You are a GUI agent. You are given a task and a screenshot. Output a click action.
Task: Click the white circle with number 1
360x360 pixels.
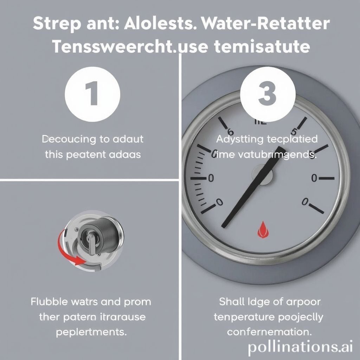coord(93,94)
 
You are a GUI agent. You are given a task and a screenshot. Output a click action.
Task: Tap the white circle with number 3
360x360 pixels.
coord(267,94)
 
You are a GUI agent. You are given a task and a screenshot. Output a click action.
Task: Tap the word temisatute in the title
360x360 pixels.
coord(258,47)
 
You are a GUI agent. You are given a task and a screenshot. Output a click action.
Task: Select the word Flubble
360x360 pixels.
coord(50,302)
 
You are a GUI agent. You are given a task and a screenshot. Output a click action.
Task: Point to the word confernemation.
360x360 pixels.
coord(269,332)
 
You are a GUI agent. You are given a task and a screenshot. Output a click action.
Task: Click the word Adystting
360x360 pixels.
coord(239,139)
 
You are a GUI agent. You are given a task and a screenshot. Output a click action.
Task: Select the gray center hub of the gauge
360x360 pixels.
coord(262,174)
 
